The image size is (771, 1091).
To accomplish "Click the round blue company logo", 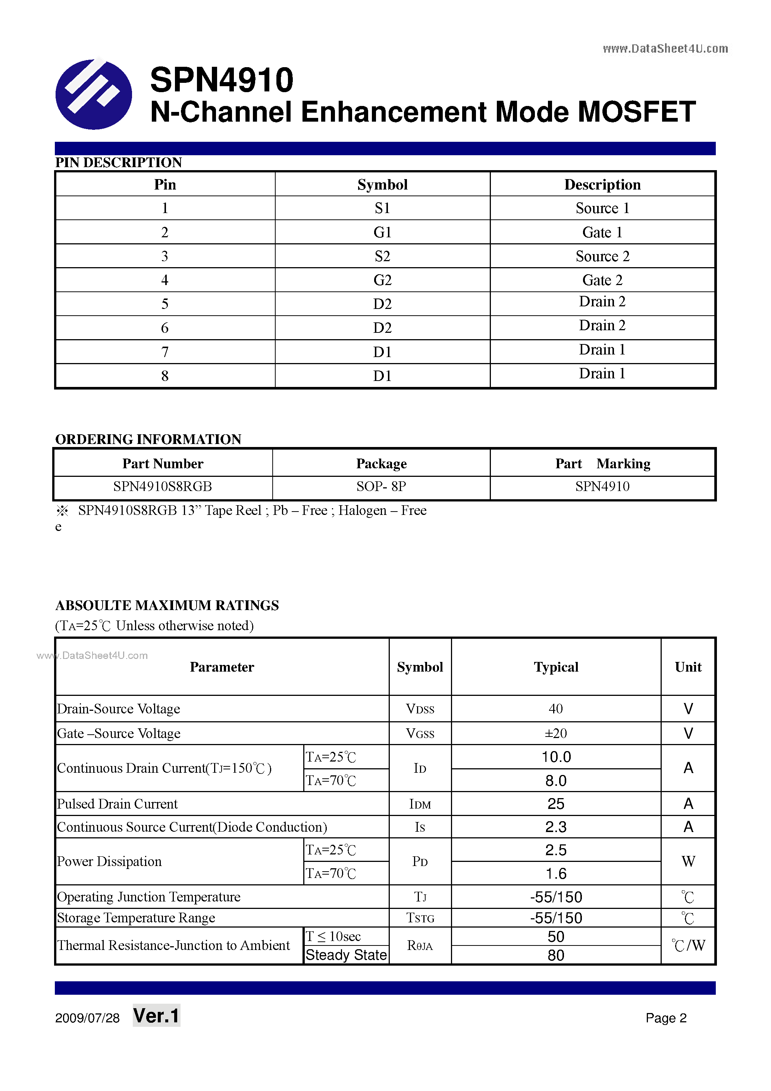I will pyautogui.click(x=94, y=94).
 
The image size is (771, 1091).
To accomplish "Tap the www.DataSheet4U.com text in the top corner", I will pyautogui.click(x=665, y=49).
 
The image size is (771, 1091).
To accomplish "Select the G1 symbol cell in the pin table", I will pyautogui.click(x=382, y=232).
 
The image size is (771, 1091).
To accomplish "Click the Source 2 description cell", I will pyautogui.click(x=602, y=256).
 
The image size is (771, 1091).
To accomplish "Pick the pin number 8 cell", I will pyautogui.click(x=164, y=376).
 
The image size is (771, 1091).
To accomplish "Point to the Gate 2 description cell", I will pyautogui.click(x=602, y=280).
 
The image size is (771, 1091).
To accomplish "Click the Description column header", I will pyautogui.click(x=602, y=184).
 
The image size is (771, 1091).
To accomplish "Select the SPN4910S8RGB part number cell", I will pyautogui.click(x=163, y=487).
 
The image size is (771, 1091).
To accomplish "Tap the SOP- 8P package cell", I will pyautogui.click(x=381, y=487).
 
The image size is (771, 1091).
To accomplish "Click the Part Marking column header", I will pyautogui.click(x=602, y=463).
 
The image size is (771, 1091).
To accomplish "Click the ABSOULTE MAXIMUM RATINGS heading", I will pyautogui.click(x=167, y=605).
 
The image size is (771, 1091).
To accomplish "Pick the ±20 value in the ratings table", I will pyautogui.click(x=555, y=733).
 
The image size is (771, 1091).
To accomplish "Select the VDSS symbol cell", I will pyautogui.click(x=420, y=709).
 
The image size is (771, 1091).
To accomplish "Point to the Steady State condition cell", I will pyautogui.click(x=346, y=954).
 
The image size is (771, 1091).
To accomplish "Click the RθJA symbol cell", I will pyautogui.click(x=420, y=945).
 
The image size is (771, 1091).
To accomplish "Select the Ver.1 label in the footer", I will pyautogui.click(x=156, y=1016).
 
